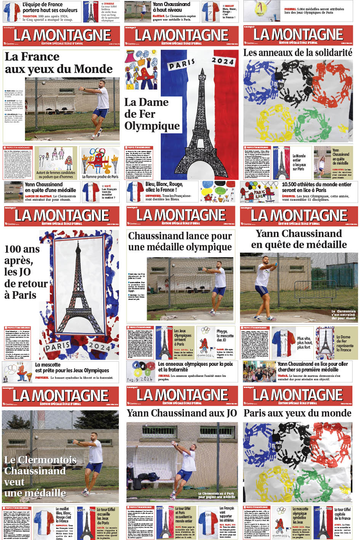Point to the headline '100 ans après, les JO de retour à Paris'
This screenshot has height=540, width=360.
[x=25, y=272]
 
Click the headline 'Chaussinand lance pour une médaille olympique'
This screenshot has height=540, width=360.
[x=180, y=241]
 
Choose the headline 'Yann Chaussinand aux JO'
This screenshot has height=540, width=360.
[x=181, y=413]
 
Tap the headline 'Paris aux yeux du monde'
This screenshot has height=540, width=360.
[x=297, y=413]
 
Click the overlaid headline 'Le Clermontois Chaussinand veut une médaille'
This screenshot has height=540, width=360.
[x=40, y=476]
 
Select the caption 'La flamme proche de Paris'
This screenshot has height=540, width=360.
[x=100, y=176]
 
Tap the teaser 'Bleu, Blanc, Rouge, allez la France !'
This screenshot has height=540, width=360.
[x=164, y=187]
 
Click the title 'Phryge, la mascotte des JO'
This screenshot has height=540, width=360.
[x=225, y=335]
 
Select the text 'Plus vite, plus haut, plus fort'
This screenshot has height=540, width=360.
[x=304, y=343]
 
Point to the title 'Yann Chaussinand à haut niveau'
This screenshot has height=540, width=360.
[x=171, y=7]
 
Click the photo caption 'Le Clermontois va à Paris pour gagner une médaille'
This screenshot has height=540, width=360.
[x=216, y=495]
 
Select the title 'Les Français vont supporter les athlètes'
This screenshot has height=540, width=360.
[x=227, y=514]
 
